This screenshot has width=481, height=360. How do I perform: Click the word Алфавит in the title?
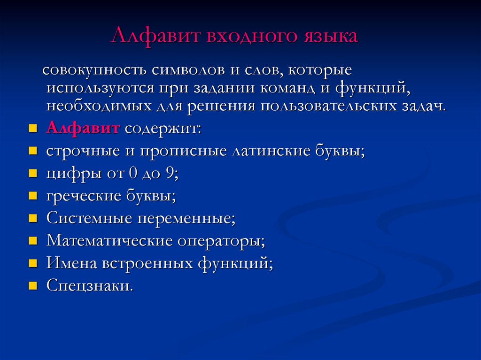coord(155,36)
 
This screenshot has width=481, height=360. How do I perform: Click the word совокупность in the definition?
coord(94,70)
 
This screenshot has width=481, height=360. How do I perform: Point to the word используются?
coord(100,89)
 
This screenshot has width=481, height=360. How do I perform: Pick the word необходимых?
coord(99,107)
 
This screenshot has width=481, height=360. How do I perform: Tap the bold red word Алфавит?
coord(83,128)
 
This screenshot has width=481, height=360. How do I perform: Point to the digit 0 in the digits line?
coord(132,173)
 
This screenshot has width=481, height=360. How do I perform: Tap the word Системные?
coord(89,218)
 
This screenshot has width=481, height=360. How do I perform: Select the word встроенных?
coord(147,263)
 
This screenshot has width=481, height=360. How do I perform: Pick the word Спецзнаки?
coord(90,286)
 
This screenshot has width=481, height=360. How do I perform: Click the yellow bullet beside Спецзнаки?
coord(33,286)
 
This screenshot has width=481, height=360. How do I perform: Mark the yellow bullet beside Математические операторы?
coord(33,241)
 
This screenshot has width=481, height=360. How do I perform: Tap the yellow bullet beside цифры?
coord(33,173)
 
